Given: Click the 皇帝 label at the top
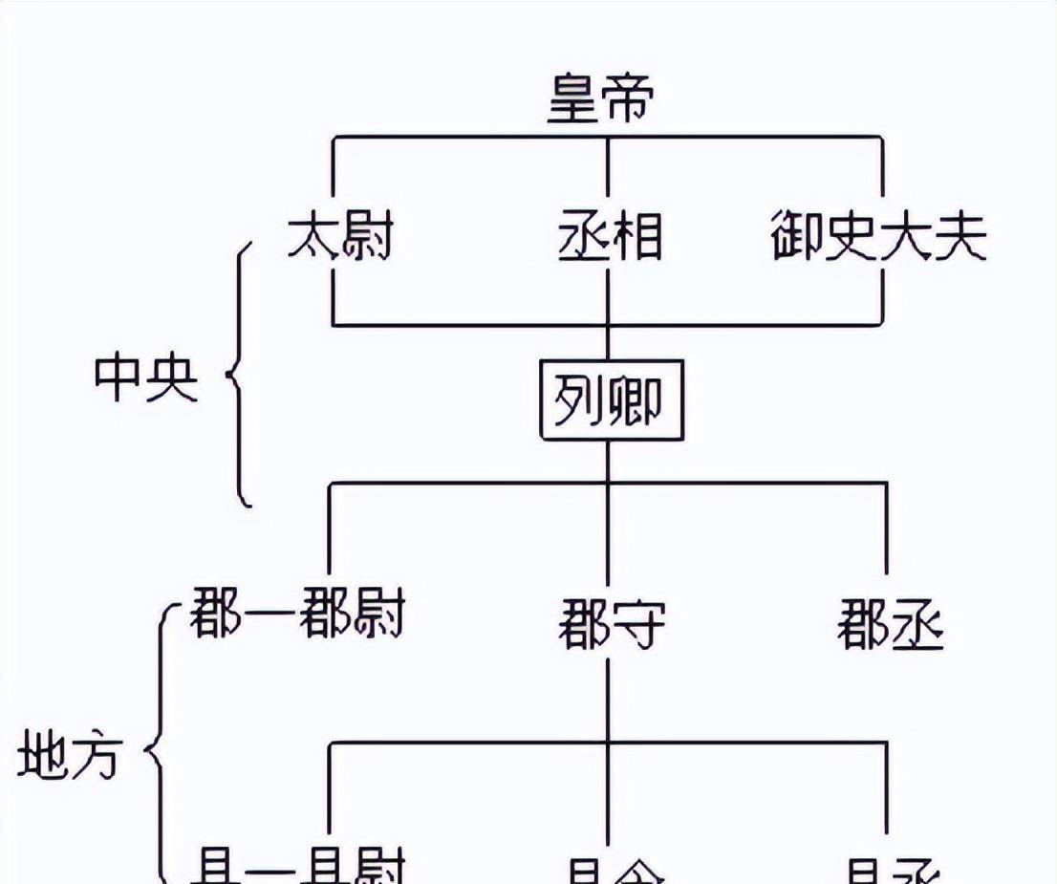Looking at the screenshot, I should (601, 100).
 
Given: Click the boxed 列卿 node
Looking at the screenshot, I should (612, 399).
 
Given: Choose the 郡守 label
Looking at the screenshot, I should (612, 626).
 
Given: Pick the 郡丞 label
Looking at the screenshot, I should (891, 626).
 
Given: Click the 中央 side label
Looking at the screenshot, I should (145, 377).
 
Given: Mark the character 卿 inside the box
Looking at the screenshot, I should (634, 399).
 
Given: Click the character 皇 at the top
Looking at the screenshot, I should (574, 100).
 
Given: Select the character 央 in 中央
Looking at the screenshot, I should (172, 377).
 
